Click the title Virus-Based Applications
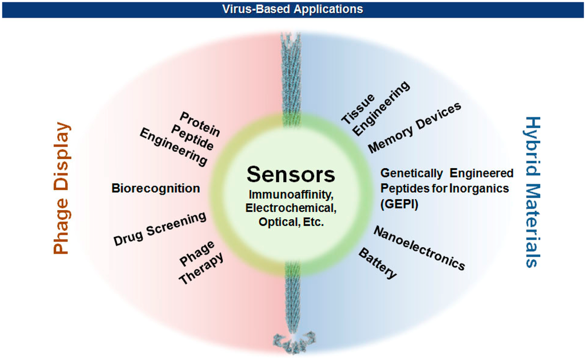click(292, 9)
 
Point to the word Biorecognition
click(156, 188)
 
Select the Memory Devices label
click(414, 128)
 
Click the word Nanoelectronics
click(419, 248)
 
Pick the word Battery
click(378, 264)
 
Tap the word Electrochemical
click(291, 208)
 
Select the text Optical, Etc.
click(291, 221)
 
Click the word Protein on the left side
click(200, 124)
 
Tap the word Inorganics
click(481, 188)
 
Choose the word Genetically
click(411, 173)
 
